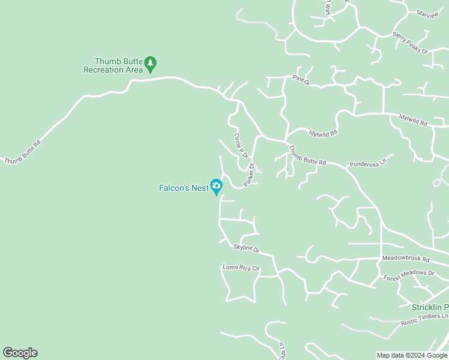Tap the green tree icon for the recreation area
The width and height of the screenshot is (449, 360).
coord(150,64)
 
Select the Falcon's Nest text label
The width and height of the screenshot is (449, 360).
coord(183,188)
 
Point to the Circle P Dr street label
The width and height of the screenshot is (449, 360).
coord(241,146)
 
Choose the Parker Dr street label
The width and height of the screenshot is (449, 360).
coord(250,174)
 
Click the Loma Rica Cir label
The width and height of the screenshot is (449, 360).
coord(241,268)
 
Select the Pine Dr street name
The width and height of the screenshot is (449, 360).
coord(301,79)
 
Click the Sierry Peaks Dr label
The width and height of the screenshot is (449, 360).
coord(410,43)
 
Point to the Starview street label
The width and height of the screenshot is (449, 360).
coord(427,13)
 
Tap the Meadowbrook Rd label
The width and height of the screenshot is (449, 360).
coord(406,259)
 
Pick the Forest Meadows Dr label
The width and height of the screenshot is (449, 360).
coord(409,275)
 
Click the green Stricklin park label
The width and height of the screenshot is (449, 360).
coord(430,307)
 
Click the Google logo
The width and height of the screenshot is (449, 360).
coord(20,353)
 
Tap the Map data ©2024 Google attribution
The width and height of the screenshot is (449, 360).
coord(412,355)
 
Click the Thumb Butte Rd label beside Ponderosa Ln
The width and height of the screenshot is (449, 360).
coord(307,155)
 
